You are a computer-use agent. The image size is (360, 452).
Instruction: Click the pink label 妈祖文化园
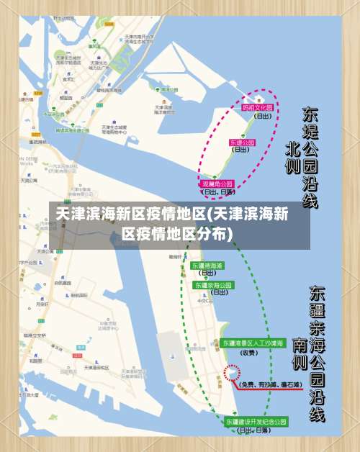coord(257,107)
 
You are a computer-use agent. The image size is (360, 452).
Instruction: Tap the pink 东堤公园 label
coord(242,143)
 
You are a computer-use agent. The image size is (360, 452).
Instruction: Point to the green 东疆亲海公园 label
coord(213,285)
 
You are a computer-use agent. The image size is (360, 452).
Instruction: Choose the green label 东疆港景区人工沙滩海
coord(253,343)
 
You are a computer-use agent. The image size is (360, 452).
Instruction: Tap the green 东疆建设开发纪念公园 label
coord(256,421)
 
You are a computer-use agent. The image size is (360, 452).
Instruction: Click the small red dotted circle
coord(232,373)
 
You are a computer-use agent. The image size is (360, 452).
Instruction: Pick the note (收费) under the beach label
coord(249,353)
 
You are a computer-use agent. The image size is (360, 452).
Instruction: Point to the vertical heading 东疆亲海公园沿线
coord(318,353)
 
